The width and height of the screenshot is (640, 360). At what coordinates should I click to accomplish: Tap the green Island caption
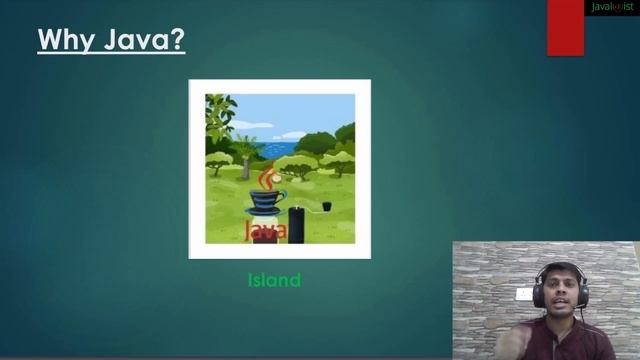click(274, 280)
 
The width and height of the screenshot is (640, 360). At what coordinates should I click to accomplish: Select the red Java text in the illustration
click(266, 231)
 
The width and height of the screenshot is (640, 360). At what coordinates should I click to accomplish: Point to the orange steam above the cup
click(266, 176)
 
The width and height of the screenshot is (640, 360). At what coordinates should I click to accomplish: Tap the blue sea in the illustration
click(279, 148)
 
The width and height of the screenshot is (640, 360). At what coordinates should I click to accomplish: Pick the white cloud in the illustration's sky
click(250, 126)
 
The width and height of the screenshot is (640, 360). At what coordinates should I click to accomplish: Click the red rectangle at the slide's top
click(565, 28)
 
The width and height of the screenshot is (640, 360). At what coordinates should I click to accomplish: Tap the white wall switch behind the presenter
click(524, 294)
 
